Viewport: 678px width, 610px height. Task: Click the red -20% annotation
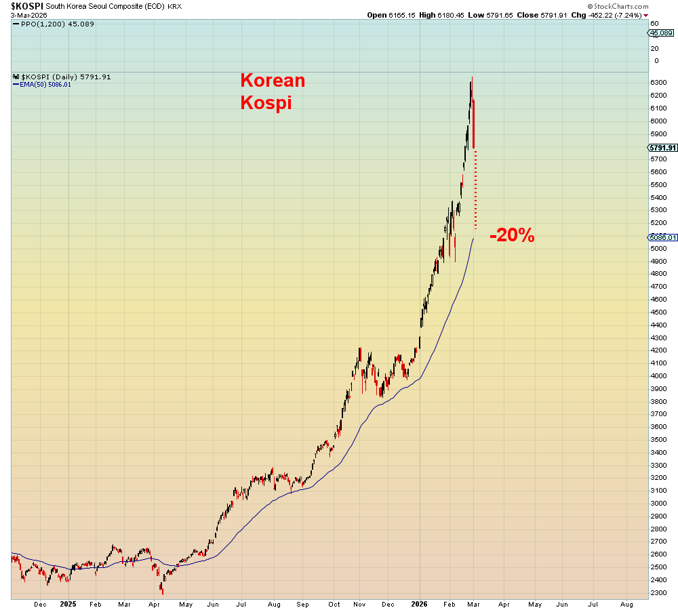tap(512, 236)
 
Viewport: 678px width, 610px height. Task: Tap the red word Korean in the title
tap(273, 81)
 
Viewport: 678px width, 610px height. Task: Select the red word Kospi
tap(266, 103)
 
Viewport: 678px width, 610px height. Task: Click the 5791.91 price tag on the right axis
tap(662, 148)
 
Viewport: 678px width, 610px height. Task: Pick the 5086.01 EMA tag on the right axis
tap(662, 237)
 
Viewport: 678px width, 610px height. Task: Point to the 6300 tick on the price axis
tap(658, 82)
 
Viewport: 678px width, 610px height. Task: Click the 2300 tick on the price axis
tap(658, 592)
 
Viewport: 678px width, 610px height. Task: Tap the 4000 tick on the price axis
tap(658, 375)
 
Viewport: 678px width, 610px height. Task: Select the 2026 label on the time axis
tap(420, 603)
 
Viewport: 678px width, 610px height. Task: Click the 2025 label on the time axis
tap(68, 603)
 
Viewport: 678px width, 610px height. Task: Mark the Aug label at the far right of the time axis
tap(627, 603)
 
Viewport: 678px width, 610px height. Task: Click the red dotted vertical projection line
tap(475, 190)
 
